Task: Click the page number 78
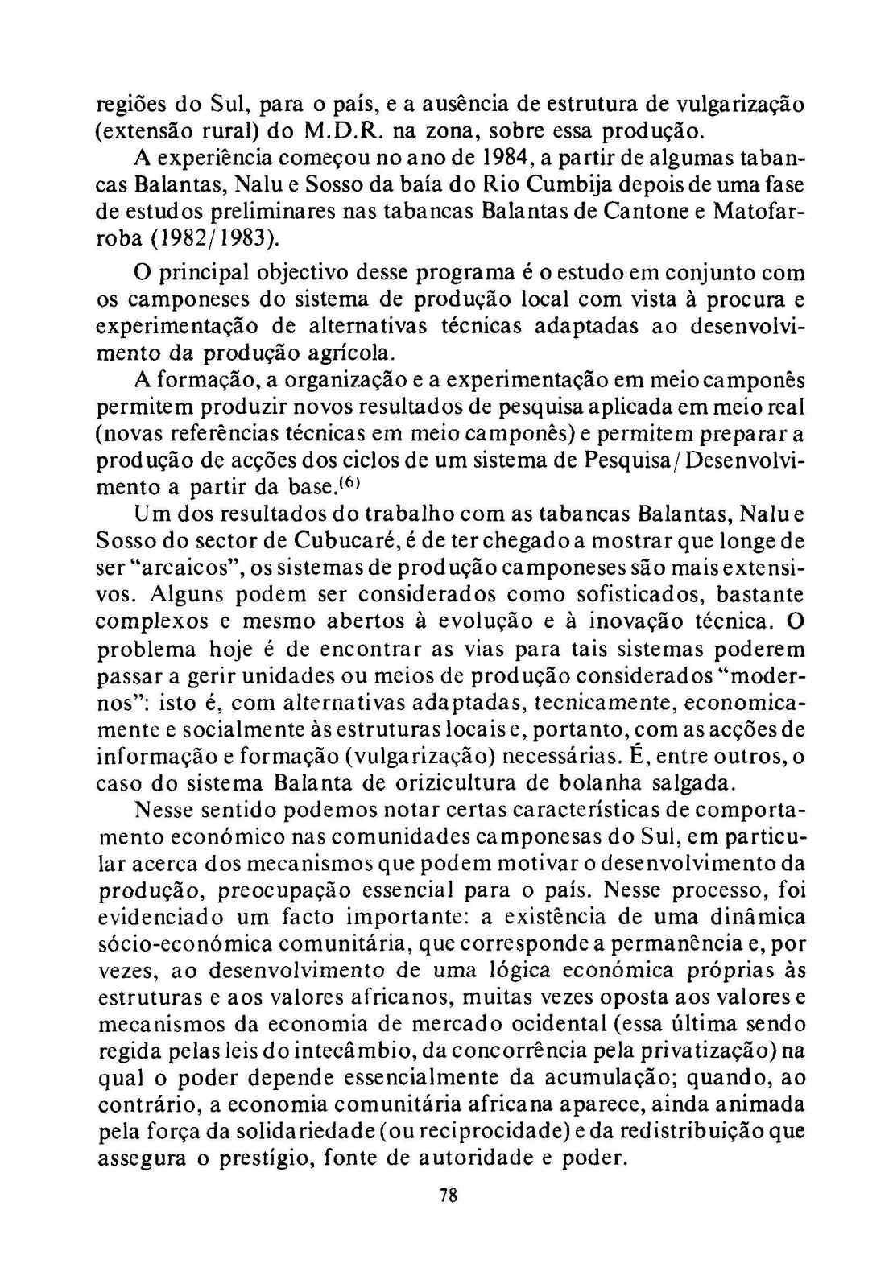point(449,1195)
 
